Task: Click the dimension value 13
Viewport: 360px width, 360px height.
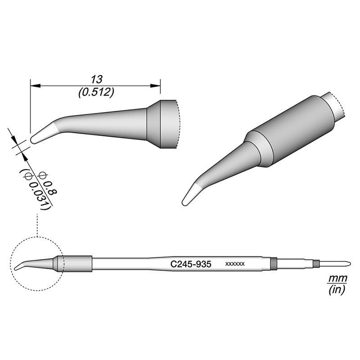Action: pyautogui.click(x=95, y=79)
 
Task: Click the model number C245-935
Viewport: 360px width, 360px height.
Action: pyautogui.click(x=189, y=264)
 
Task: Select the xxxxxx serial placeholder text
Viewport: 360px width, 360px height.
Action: pyautogui.click(x=234, y=264)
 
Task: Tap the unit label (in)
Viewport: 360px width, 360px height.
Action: pyautogui.click(x=336, y=291)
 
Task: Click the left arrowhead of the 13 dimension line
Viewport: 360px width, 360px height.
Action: pyautogui.click(x=34, y=85)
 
